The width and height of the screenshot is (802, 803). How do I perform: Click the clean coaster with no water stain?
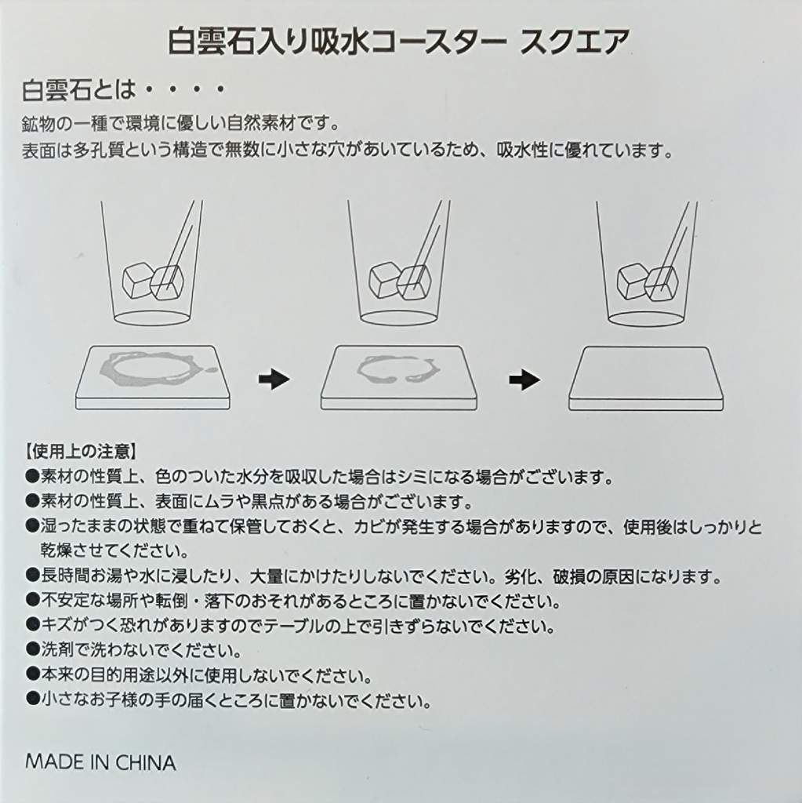646,376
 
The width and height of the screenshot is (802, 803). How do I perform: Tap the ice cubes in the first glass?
154,281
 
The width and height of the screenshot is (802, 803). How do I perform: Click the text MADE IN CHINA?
100,762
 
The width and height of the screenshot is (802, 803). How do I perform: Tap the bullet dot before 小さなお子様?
31,699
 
